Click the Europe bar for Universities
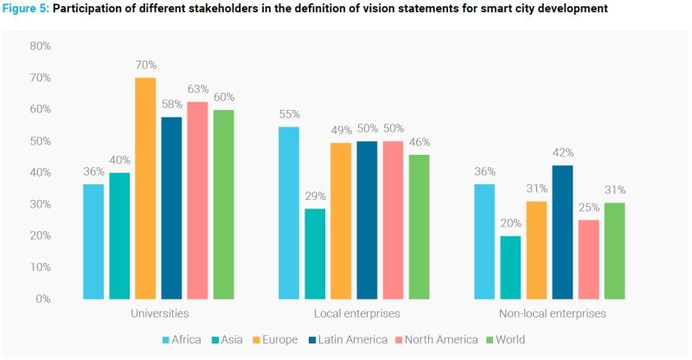(145, 189)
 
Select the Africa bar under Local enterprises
(289, 213)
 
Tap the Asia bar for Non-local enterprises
(510, 267)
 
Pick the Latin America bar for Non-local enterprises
(562, 232)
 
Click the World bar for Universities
(223, 204)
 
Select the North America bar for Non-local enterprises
(589, 260)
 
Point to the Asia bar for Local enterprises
(315, 254)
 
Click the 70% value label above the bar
(145, 65)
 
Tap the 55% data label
(289, 114)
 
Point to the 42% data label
(563, 153)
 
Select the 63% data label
(198, 89)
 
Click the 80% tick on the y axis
(41, 46)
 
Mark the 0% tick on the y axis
(43, 299)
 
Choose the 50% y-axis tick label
(41, 141)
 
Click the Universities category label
(160, 313)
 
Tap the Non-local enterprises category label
(553, 313)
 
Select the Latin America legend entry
(348, 340)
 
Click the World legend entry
(505, 340)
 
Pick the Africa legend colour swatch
(166, 340)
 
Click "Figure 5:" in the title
(26, 9)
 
